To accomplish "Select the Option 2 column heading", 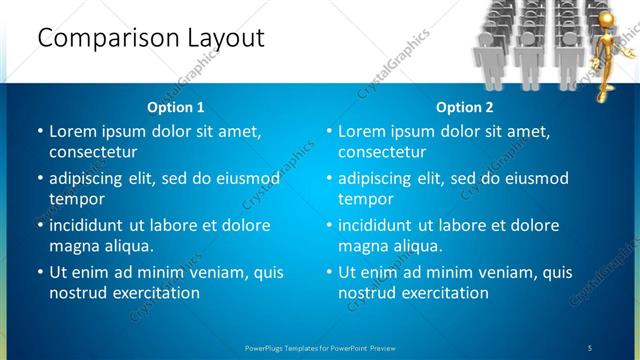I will [464, 107].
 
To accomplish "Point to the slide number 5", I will [589, 347].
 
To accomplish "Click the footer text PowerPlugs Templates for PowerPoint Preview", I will [320, 347].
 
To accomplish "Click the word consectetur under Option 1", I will [93, 152].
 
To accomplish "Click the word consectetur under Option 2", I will [382, 152].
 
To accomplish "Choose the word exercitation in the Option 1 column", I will [156, 293].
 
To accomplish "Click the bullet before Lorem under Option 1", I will [39, 131].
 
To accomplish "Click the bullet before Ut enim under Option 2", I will [328, 272].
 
